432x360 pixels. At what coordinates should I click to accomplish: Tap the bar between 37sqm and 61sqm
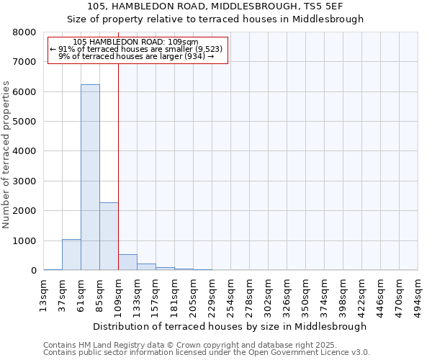pos(71,255)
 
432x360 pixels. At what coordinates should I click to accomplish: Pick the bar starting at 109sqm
pos(127,262)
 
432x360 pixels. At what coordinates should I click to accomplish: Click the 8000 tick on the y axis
pos(24,32)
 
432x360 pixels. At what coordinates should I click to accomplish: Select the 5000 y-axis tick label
pos(24,122)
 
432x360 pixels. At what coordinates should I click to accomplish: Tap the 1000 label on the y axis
pos(24,241)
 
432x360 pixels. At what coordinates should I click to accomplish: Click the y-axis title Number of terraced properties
pos(6,154)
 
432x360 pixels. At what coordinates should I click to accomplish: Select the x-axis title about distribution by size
pos(230,326)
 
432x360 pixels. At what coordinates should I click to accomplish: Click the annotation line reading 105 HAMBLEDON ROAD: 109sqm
pos(136,42)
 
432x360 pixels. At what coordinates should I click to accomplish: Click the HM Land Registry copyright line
pos(189,345)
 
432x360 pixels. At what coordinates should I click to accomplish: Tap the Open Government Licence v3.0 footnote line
pos(207,353)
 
